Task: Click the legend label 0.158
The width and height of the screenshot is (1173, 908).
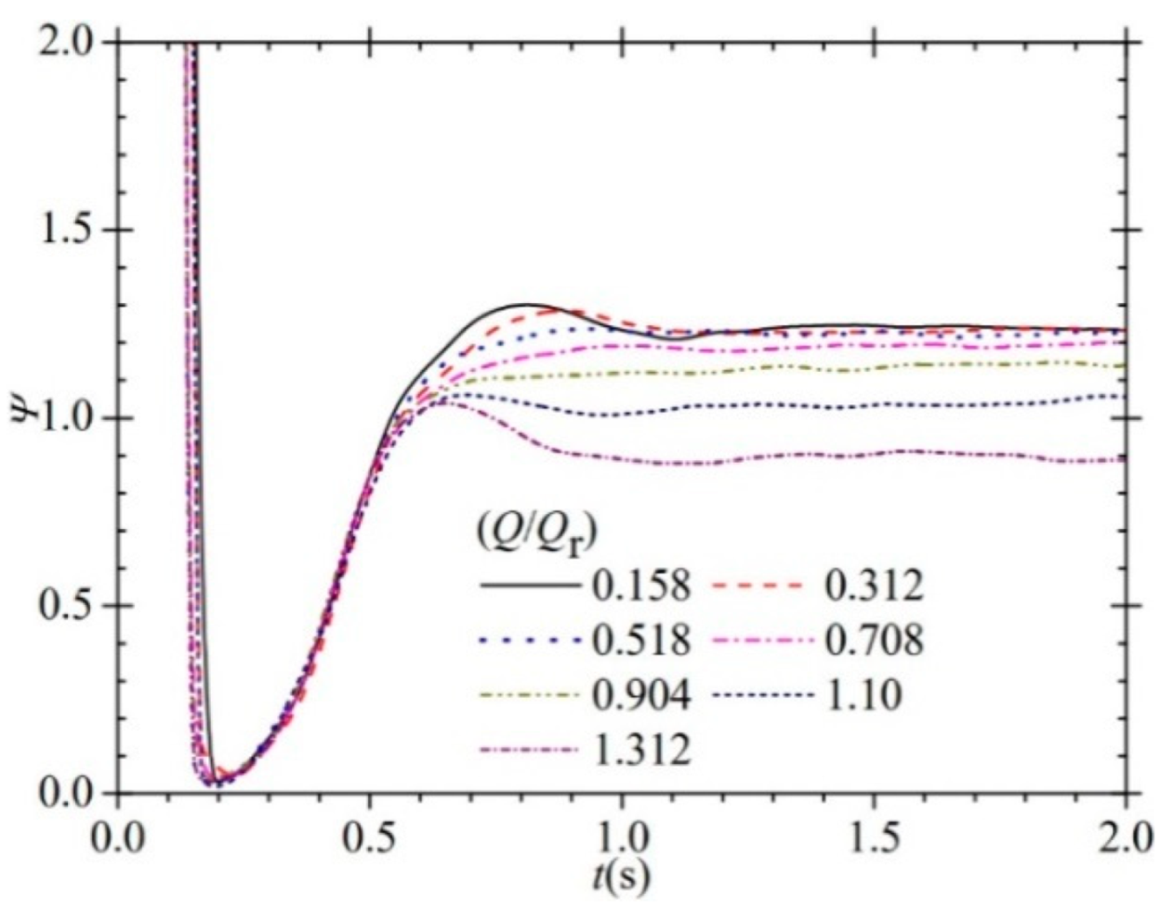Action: tap(640, 586)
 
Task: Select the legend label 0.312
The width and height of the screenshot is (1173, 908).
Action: tap(874, 586)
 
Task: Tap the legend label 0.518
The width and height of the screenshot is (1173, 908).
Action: tap(640, 640)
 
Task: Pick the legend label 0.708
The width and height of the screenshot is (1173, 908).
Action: tap(874, 640)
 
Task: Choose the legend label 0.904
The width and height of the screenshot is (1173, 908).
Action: tap(640, 695)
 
